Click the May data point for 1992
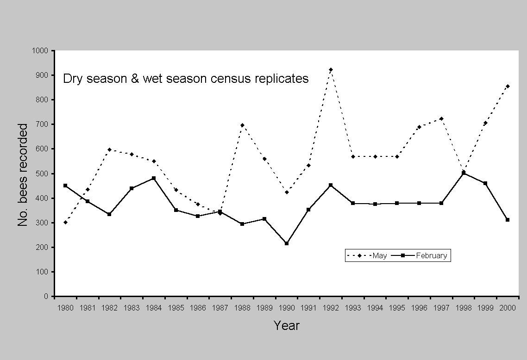(x=331, y=69)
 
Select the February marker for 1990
(x=287, y=243)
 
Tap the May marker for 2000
(x=508, y=86)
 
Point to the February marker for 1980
(x=65, y=186)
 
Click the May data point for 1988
(x=242, y=125)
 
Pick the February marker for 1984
(x=154, y=178)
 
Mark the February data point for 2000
(x=508, y=220)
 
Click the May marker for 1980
(x=65, y=222)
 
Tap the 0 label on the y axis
(x=46, y=296)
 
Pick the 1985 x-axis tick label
(x=176, y=307)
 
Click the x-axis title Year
(x=286, y=326)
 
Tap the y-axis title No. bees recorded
(x=23, y=174)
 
